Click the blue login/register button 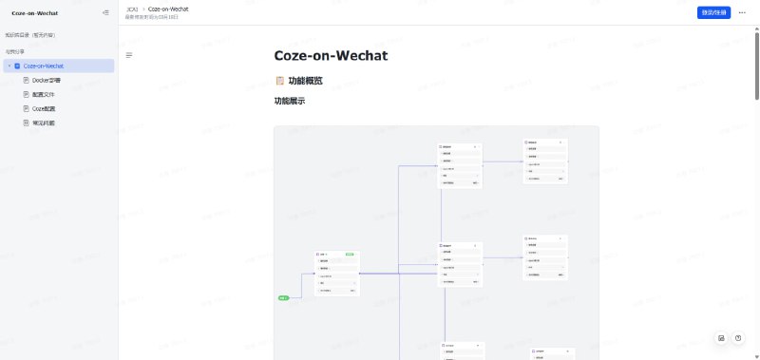(713, 12)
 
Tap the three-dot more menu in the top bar (742, 12)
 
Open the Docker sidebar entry (47, 80)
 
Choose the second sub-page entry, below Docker (44, 94)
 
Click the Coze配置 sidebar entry (44, 108)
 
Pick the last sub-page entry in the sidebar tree (44, 123)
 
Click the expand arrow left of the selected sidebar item (9, 66)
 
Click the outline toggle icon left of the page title (129, 55)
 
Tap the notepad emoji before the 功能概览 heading (279, 81)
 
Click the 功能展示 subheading (290, 101)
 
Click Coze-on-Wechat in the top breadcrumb (168, 9)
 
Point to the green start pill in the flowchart (284, 298)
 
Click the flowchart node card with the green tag (336, 274)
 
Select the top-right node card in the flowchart (545, 161)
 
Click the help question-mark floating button (737, 338)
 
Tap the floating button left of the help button (721, 338)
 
